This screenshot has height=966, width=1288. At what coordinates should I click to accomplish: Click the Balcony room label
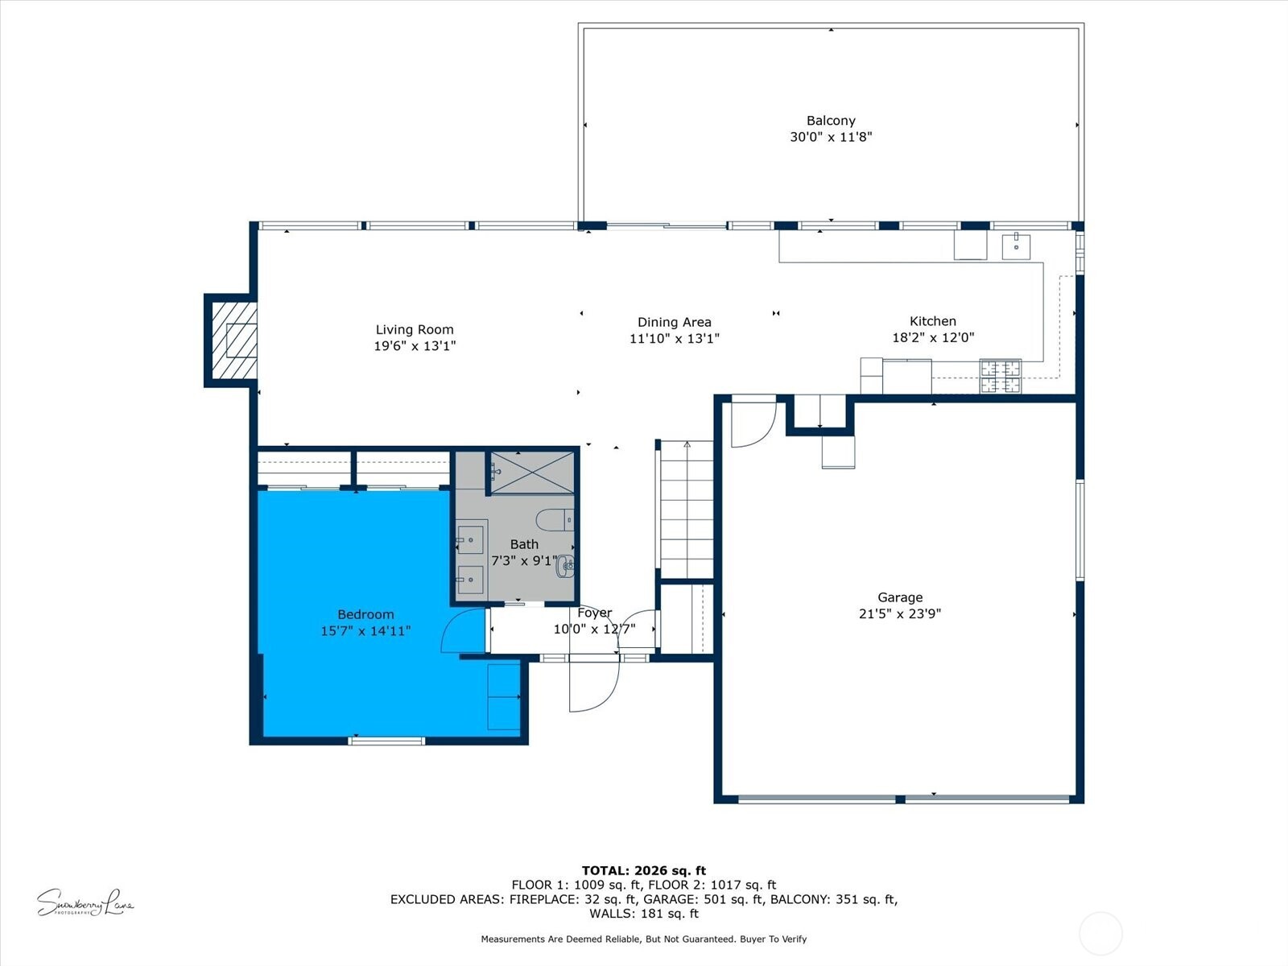[831, 121]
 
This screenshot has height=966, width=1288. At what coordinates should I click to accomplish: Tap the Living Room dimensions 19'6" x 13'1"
[415, 346]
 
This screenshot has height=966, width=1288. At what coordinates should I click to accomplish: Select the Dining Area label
[674, 322]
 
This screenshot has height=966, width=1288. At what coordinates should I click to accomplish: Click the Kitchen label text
[933, 321]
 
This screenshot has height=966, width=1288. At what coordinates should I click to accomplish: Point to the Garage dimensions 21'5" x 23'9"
[899, 613]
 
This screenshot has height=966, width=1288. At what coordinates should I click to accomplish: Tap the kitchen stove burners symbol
[1001, 376]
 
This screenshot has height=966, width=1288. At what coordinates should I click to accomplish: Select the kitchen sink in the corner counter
[1016, 246]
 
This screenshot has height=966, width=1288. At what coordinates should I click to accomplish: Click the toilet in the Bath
[555, 520]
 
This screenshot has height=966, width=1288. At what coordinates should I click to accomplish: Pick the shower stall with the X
[532, 473]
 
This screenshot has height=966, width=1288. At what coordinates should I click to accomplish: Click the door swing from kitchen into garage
[753, 423]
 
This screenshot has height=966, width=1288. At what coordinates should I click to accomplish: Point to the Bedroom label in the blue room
[365, 614]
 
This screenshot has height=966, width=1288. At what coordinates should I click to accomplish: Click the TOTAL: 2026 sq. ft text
[643, 870]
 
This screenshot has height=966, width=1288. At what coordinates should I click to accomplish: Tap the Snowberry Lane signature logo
[85, 903]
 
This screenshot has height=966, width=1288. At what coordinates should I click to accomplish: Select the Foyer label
[594, 613]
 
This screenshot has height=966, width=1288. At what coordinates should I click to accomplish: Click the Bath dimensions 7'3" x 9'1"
[523, 561]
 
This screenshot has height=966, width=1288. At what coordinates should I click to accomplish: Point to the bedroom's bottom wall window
[386, 740]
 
